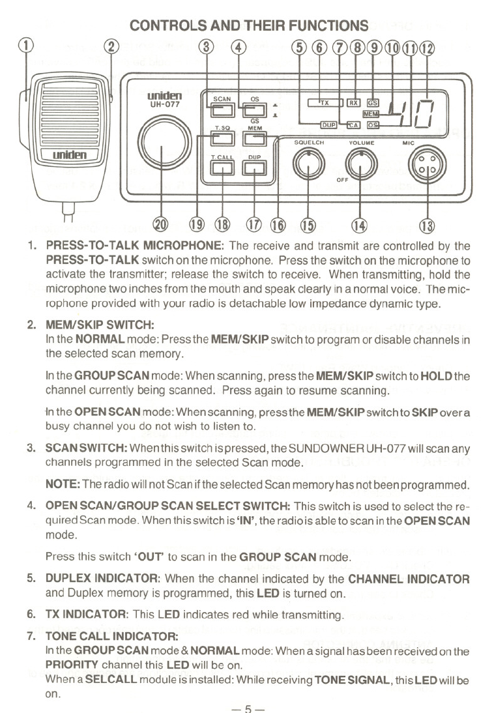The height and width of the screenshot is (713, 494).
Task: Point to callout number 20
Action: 160,226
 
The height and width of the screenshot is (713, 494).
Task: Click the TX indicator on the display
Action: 325,102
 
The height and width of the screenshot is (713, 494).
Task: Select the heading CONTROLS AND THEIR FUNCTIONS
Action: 250,26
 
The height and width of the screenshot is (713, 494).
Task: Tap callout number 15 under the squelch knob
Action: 307,226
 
